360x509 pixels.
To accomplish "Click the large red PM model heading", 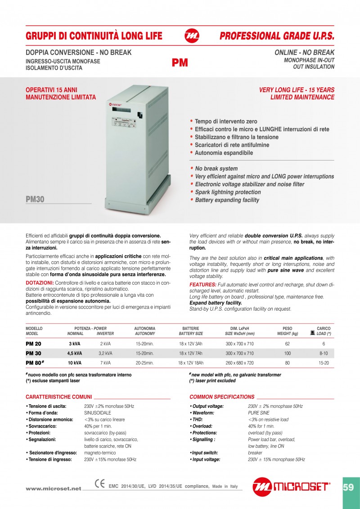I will [x=180, y=63].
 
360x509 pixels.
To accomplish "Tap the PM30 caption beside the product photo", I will [x=35, y=200].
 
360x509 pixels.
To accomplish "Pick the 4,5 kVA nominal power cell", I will [x=75, y=353].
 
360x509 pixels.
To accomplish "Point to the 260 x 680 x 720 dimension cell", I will [x=239, y=362].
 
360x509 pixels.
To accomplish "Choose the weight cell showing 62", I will [x=287, y=344].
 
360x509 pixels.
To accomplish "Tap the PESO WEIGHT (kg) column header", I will [x=288, y=331].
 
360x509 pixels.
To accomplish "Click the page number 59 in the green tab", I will [x=348, y=487].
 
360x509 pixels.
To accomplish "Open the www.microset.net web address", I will [x=54, y=489].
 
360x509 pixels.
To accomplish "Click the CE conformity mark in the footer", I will [x=100, y=484].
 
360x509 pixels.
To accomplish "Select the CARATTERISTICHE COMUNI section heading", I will [x=58, y=397].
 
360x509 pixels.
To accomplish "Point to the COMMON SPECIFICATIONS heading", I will [x=222, y=397].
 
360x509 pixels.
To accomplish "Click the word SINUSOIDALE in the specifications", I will [x=98, y=413].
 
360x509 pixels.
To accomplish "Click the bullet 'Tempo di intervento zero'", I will [x=226, y=121].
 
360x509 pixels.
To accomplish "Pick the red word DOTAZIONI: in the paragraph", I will [x=40, y=282].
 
